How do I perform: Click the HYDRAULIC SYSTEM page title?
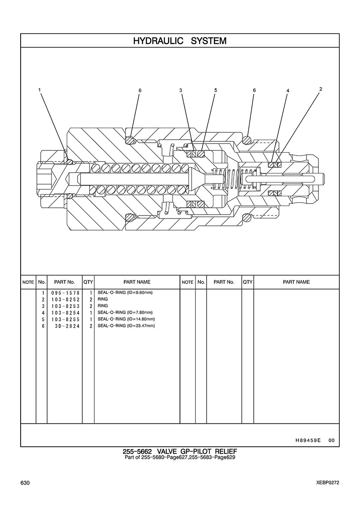(x=180, y=41)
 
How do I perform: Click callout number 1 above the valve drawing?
(x=39, y=90)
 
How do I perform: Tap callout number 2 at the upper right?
(x=321, y=89)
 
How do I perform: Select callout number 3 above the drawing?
(x=181, y=90)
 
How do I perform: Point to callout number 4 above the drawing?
(x=287, y=91)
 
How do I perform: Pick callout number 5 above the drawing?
(x=215, y=90)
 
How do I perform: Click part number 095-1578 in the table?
(x=65, y=293)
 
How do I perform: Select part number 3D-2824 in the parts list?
(x=68, y=326)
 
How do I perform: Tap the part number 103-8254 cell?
(x=65, y=313)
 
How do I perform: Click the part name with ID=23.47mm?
(x=126, y=326)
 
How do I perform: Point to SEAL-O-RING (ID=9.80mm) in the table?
(x=125, y=293)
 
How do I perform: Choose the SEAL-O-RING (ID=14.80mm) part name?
(x=126, y=319)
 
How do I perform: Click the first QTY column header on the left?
(x=88, y=282)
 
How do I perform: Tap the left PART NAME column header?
(x=137, y=282)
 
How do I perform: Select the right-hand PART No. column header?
(x=224, y=282)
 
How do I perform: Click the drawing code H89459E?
(x=308, y=440)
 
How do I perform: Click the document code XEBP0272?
(x=328, y=483)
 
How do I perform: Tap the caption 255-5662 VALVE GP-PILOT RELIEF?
(x=180, y=452)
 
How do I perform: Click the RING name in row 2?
(x=102, y=299)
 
